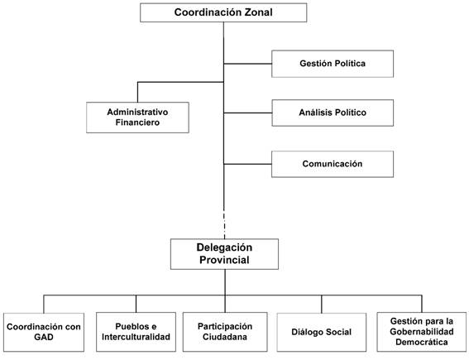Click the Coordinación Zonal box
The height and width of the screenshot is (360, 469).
tap(223, 12)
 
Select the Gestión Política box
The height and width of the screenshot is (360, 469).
tap(333, 64)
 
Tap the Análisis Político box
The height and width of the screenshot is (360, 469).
tap(333, 113)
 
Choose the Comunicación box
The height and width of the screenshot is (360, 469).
tap(333, 164)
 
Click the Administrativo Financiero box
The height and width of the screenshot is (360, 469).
tap(137, 118)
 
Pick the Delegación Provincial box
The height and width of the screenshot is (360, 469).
tap(224, 254)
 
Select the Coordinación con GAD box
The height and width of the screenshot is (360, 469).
tap(44, 332)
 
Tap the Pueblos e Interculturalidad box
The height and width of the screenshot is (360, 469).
tap(136, 332)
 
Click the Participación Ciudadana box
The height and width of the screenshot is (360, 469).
tap(225, 332)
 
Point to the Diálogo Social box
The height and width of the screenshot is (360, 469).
tap(322, 332)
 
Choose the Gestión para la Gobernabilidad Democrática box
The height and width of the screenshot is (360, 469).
tap(422, 332)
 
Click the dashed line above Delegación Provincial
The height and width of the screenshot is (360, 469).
tap(224, 224)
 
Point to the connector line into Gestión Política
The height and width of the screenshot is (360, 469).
tap(247, 64)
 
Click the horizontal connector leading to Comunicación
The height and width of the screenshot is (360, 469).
tap(247, 164)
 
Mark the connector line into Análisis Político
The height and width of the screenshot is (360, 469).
tap(247, 113)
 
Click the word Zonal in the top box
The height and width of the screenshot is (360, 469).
tap(259, 12)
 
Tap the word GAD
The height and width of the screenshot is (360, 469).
tap(44, 337)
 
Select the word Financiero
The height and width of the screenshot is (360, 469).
tap(137, 122)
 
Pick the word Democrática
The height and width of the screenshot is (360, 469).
tap(422, 342)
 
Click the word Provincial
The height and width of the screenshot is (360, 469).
tap(224, 260)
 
